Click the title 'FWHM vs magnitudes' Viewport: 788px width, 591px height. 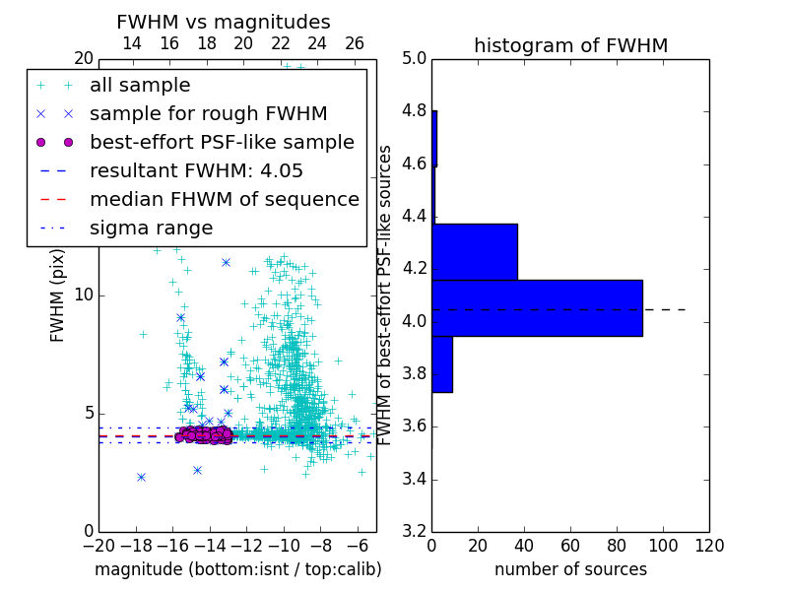click(x=224, y=22)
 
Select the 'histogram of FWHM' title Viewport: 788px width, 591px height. click(x=570, y=45)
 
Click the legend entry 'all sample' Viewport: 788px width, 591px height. click(x=140, y=86)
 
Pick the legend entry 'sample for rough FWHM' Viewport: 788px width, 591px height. click(x=208, y=113)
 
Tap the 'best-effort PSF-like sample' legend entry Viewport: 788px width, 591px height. click(x=222, y=142)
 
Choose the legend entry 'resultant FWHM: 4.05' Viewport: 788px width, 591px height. click(x=196, y=170)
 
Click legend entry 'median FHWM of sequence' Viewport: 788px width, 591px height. click(x=224, y=199)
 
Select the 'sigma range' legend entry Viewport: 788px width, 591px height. click(x=151, y=229)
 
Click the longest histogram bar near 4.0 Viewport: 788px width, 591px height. click(x=537, y=307)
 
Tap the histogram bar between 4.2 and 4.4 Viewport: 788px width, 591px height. click(x=475, y=251)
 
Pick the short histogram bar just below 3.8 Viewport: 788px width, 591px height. click(x=442, y=364)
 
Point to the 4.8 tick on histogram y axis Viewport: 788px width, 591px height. click(x=415, y=111)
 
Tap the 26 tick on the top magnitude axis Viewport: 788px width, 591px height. click(x=355, y=43)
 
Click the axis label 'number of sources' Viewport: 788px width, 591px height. click(x=570, y=569)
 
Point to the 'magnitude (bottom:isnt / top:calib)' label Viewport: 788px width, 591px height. click(x=237, y=569)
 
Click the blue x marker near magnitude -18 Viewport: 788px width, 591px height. click(x=141, y=477)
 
